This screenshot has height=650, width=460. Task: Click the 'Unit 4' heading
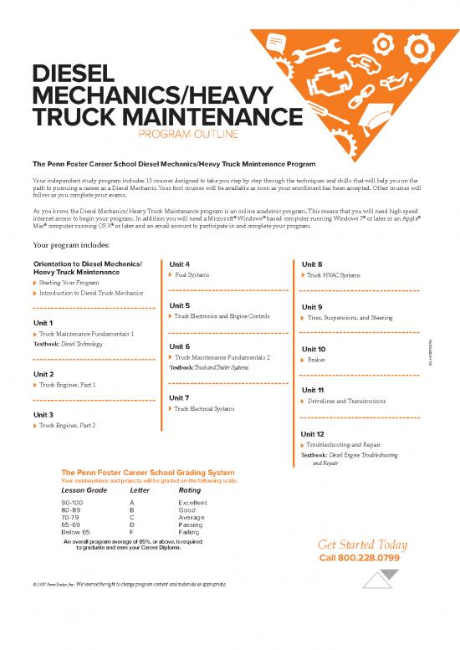click(x=181, y=264)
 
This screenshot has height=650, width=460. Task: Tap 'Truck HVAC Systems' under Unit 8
click(x=333, y=275)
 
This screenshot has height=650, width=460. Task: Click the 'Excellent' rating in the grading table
click(x=192, y=503)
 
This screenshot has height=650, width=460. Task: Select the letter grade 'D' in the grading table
click(x=131, y=525)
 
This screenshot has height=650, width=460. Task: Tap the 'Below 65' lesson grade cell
click(x=76, y=532)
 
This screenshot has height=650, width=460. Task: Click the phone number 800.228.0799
click(x=360, y=558)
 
